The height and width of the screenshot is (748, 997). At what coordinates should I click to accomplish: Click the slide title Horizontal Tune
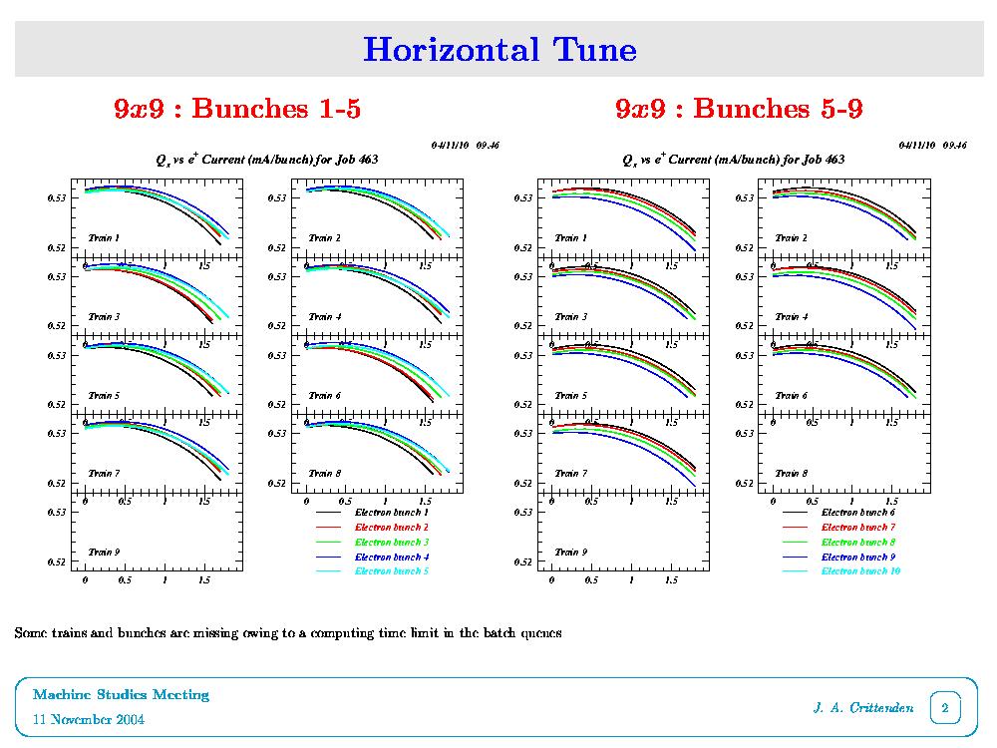(499, 49)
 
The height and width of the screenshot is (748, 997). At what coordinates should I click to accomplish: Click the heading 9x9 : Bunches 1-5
(237, 109)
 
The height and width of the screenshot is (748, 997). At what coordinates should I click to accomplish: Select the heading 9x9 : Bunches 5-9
(739, 109)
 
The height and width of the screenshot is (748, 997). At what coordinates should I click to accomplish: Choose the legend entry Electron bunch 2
(392, 527)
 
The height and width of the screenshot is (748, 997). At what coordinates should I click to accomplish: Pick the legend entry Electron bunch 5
(392, 571)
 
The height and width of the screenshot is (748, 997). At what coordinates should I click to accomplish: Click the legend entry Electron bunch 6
(858, 512)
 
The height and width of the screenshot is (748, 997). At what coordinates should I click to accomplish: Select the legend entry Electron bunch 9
(858, 557)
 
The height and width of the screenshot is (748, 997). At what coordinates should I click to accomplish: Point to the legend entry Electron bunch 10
(860, 571)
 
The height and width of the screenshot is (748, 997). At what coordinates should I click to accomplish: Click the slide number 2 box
(944, 709)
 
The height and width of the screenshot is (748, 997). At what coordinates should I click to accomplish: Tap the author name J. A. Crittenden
(863, 709)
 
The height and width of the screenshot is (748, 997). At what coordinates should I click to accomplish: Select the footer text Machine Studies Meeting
(121, 694)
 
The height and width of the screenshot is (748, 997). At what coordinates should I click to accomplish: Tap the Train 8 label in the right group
(791, 474)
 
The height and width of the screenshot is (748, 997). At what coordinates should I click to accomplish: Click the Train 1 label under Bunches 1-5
(104, 238)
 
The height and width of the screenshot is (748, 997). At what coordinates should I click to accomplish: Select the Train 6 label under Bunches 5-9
(791, 396)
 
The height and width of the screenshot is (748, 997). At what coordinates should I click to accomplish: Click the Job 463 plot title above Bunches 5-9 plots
(733, 160)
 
